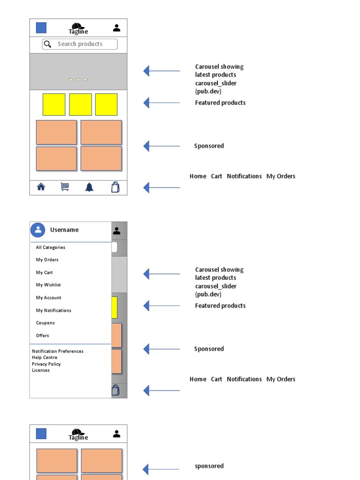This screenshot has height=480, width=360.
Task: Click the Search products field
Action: [x=80, y=44]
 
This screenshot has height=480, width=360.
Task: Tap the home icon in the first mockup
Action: [x=41, y=187]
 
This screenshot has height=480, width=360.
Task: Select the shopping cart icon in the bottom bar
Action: [x=65, y=187]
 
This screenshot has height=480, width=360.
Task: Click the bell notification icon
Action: [x=89, y=187]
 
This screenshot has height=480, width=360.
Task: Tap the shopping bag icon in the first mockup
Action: [x=115, y=187]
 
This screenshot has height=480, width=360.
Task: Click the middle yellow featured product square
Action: [x=80, y=105]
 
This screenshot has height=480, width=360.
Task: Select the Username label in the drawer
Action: [x=64, y=230]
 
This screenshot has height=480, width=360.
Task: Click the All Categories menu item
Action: [x=51, y=247]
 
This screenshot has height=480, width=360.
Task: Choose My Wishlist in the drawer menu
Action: [x=48, y=285]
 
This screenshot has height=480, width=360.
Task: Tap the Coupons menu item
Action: [x=45, y=323]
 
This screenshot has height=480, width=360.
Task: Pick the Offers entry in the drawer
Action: [x=43, y=336]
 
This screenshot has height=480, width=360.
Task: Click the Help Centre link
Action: [x=45, y=358]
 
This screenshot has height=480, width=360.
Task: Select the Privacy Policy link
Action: [x=46, y=364]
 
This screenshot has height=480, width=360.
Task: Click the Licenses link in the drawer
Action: [x=41, y=370]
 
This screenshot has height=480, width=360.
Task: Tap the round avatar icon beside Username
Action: [x=38, y=230]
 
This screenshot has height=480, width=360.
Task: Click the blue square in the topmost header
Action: [x=41, y=28]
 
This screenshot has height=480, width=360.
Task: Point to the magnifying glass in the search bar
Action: [x=47, y=44]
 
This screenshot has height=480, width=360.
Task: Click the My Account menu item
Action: [x=49, y=298]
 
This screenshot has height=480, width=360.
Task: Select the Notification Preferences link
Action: [x=58, y=351]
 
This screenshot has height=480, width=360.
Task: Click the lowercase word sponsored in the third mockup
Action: [x=209, y=466]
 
